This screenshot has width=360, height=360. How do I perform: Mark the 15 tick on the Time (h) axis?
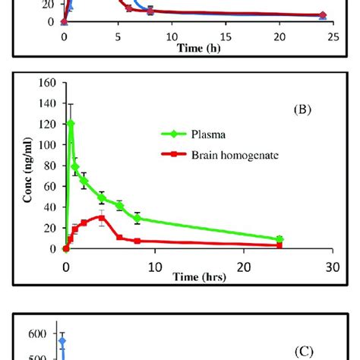(224, 37)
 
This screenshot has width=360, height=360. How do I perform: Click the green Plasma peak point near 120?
(71, 123)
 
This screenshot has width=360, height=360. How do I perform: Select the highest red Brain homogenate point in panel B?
(101, 217)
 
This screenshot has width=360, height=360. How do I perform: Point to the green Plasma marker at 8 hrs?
(137, 218)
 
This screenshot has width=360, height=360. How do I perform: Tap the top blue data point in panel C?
(63, 341)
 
